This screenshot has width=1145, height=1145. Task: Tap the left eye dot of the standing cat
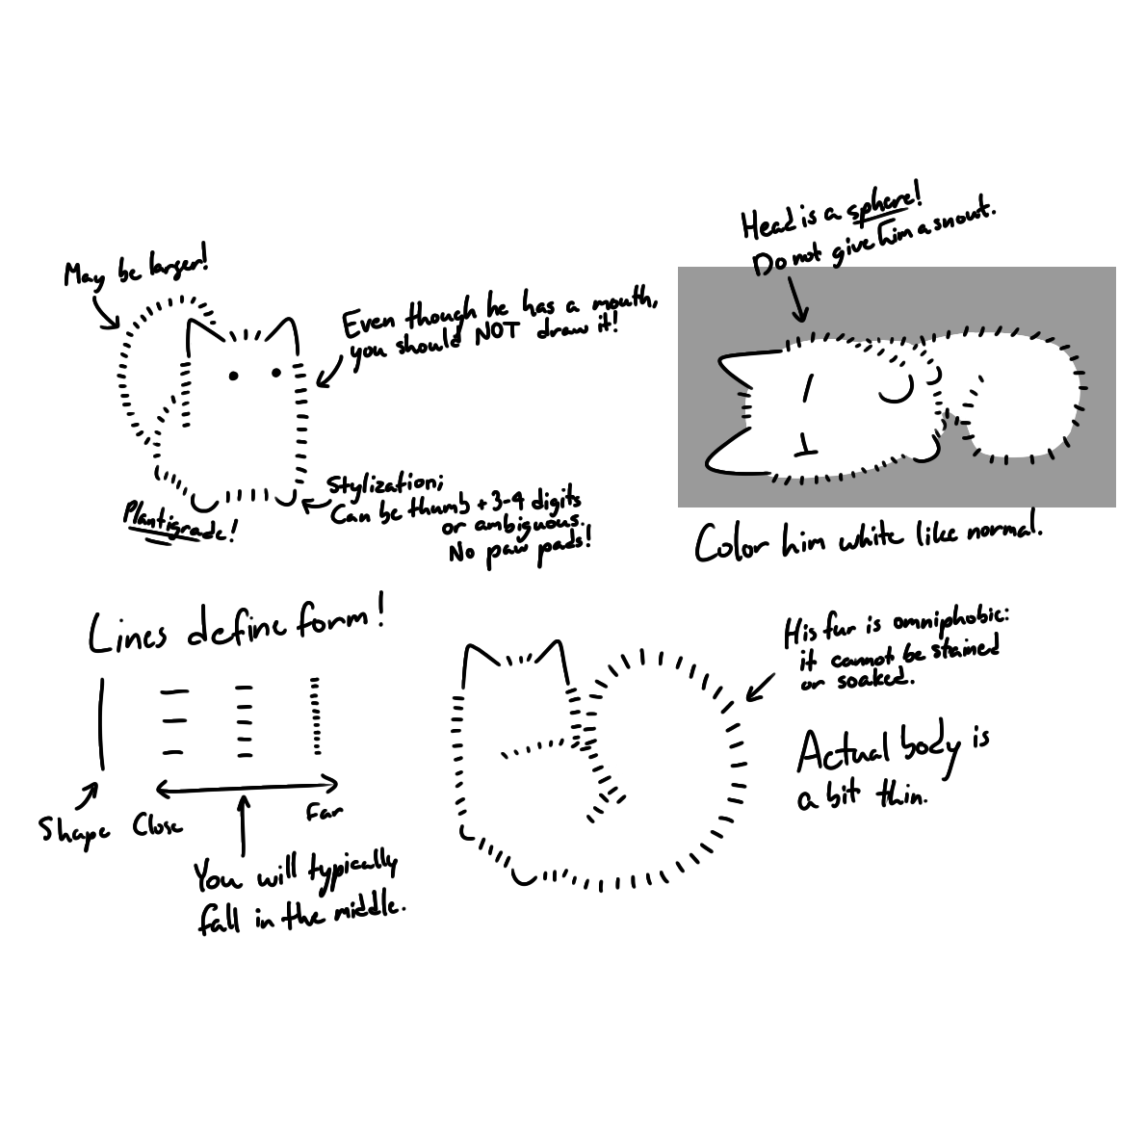click(234, 377)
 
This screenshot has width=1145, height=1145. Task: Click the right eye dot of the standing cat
click(276, 373)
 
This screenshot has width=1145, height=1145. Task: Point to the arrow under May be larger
click(105, 313)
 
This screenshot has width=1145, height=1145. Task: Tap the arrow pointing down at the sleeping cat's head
click(797, 299)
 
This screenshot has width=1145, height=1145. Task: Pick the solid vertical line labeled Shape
click(101, 723)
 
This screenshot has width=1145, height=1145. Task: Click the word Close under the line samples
click(157, 826)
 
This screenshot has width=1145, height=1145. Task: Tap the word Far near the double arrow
click(324, 811)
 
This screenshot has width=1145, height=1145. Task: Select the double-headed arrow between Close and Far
click(247, 787)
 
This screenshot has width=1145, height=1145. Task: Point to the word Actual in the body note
click(844, 752)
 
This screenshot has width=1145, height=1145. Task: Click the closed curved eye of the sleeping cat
click(897, 391)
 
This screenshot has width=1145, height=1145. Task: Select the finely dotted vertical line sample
click(315, 716)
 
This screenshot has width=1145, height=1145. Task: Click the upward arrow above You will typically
click(244, 824)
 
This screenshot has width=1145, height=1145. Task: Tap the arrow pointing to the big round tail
click(760, 687)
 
